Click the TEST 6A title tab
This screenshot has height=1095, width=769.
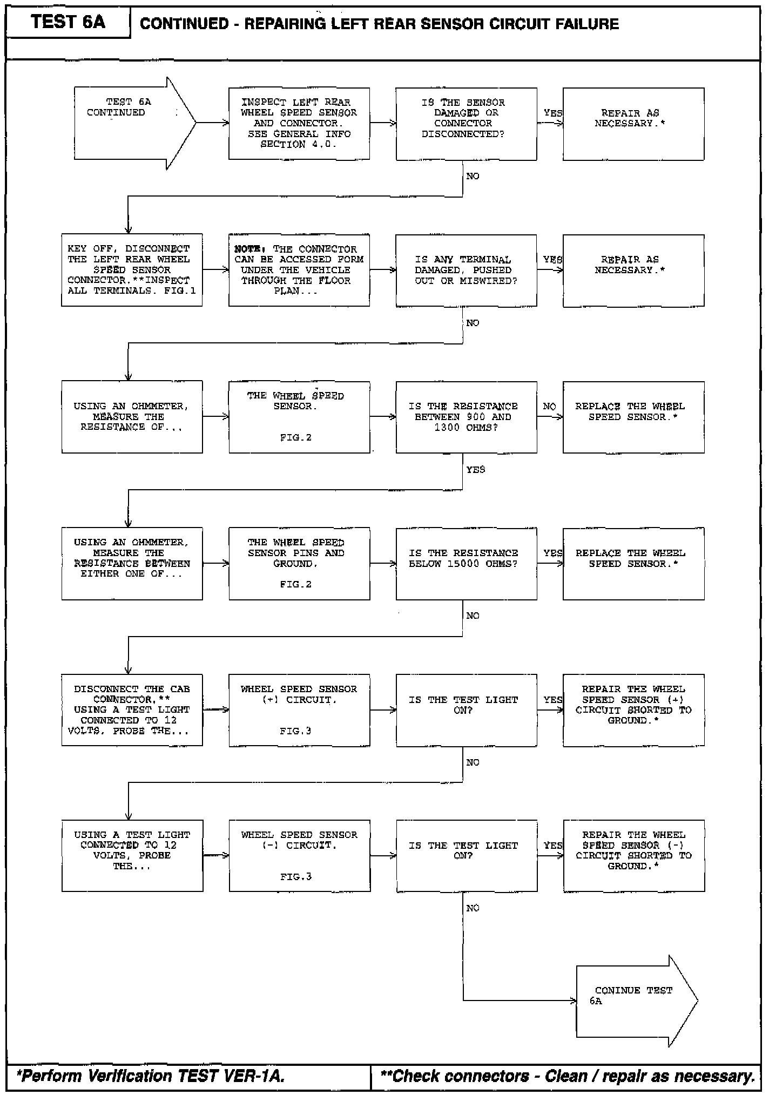(x=68, y=23)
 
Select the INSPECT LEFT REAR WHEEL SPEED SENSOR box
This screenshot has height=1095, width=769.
(x=299, y=124)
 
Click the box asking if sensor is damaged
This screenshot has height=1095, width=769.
(x=466, y=124)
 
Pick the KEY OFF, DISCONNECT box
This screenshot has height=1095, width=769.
(x=132, y=270)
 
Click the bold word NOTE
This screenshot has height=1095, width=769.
(x=249, y=249)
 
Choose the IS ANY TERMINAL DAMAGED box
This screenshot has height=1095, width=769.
(x=466, y=270)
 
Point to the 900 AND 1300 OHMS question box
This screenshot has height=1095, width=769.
(x=466, y=417)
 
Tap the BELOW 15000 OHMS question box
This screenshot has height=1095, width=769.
(x=466, y=563)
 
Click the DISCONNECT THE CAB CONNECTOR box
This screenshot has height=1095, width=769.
(x=132, y=709)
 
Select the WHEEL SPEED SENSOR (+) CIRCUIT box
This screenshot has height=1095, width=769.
(x=299, y=709)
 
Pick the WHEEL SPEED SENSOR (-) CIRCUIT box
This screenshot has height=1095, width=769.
(x=299, y=855)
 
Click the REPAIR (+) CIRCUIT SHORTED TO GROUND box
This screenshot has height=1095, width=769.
(x=633, y=709)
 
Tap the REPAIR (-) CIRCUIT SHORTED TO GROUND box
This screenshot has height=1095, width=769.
(x=633, y=855)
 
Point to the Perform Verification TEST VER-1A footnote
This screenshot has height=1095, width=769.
(x=151, y=1076)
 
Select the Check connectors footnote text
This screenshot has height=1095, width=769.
(x=567, y=1076)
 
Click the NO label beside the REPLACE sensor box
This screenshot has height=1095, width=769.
(x=549, y=406)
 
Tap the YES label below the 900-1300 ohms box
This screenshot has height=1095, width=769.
(x=475, y=469)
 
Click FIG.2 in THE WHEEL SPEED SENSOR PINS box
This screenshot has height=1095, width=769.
(x=296, y=584)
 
